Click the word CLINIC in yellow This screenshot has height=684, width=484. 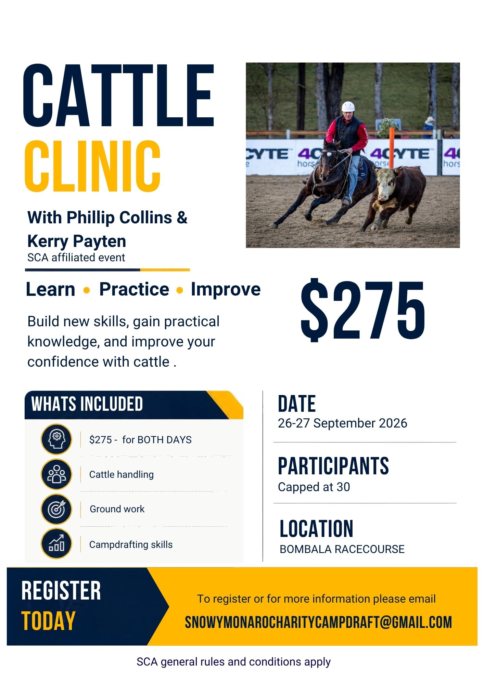point(92,166)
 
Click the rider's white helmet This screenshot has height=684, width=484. point(348,106)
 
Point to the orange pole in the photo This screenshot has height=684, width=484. point(392,147)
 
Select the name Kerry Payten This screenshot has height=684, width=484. point(77,241)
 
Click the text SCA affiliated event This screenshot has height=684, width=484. point(76,258)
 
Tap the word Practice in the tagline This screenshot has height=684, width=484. point(134,289)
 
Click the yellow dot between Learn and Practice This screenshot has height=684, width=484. point(87,290)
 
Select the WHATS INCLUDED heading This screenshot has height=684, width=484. point(87,404)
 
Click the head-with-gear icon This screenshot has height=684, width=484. point(56,439)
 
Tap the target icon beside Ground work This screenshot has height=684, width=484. point(56,509)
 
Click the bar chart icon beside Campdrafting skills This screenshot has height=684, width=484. point(56,543)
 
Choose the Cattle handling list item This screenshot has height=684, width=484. point(122,474)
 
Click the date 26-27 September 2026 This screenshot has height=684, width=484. point(342,423)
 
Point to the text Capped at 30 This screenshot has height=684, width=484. point(314,487)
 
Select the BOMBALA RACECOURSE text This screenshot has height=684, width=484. point(342,549)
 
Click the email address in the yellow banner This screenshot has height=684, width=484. point(318,622)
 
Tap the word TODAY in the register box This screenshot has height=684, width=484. point(48,621)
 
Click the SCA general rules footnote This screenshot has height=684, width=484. point(233,662)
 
